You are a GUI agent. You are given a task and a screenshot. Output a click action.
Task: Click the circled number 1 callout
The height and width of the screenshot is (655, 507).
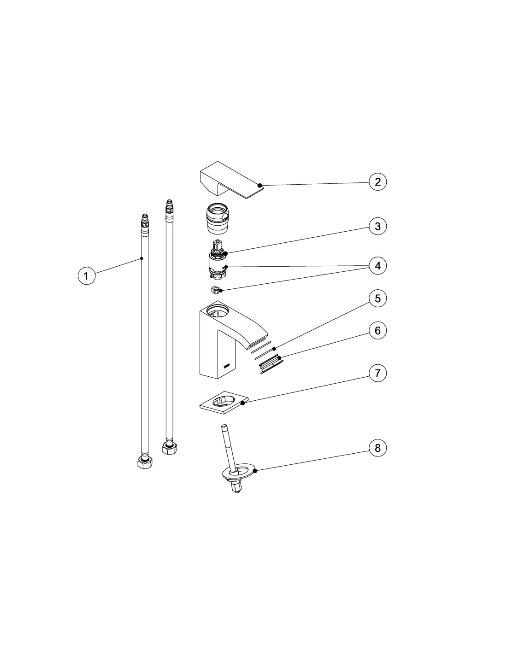tap(86, 275)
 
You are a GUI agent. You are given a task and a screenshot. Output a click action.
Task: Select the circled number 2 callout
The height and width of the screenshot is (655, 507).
tap(377, 182)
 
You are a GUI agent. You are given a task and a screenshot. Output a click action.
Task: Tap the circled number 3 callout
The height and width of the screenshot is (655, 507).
tap(377, 226)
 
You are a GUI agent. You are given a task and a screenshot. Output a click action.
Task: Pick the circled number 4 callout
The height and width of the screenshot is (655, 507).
tap(377, 266)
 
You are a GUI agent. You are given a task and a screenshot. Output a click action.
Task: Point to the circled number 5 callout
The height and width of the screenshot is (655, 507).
tap(377, 298)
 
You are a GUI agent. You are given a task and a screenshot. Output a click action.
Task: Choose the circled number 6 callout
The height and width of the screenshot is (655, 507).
tap(377, 331)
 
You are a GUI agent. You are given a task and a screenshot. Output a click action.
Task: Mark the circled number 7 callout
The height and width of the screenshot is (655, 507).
tap(377, 373)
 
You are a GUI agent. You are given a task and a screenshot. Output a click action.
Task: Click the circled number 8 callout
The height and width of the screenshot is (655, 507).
tap(377, 448)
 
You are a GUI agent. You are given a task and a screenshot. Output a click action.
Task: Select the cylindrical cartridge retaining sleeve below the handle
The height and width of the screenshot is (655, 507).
tap(217, 219)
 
